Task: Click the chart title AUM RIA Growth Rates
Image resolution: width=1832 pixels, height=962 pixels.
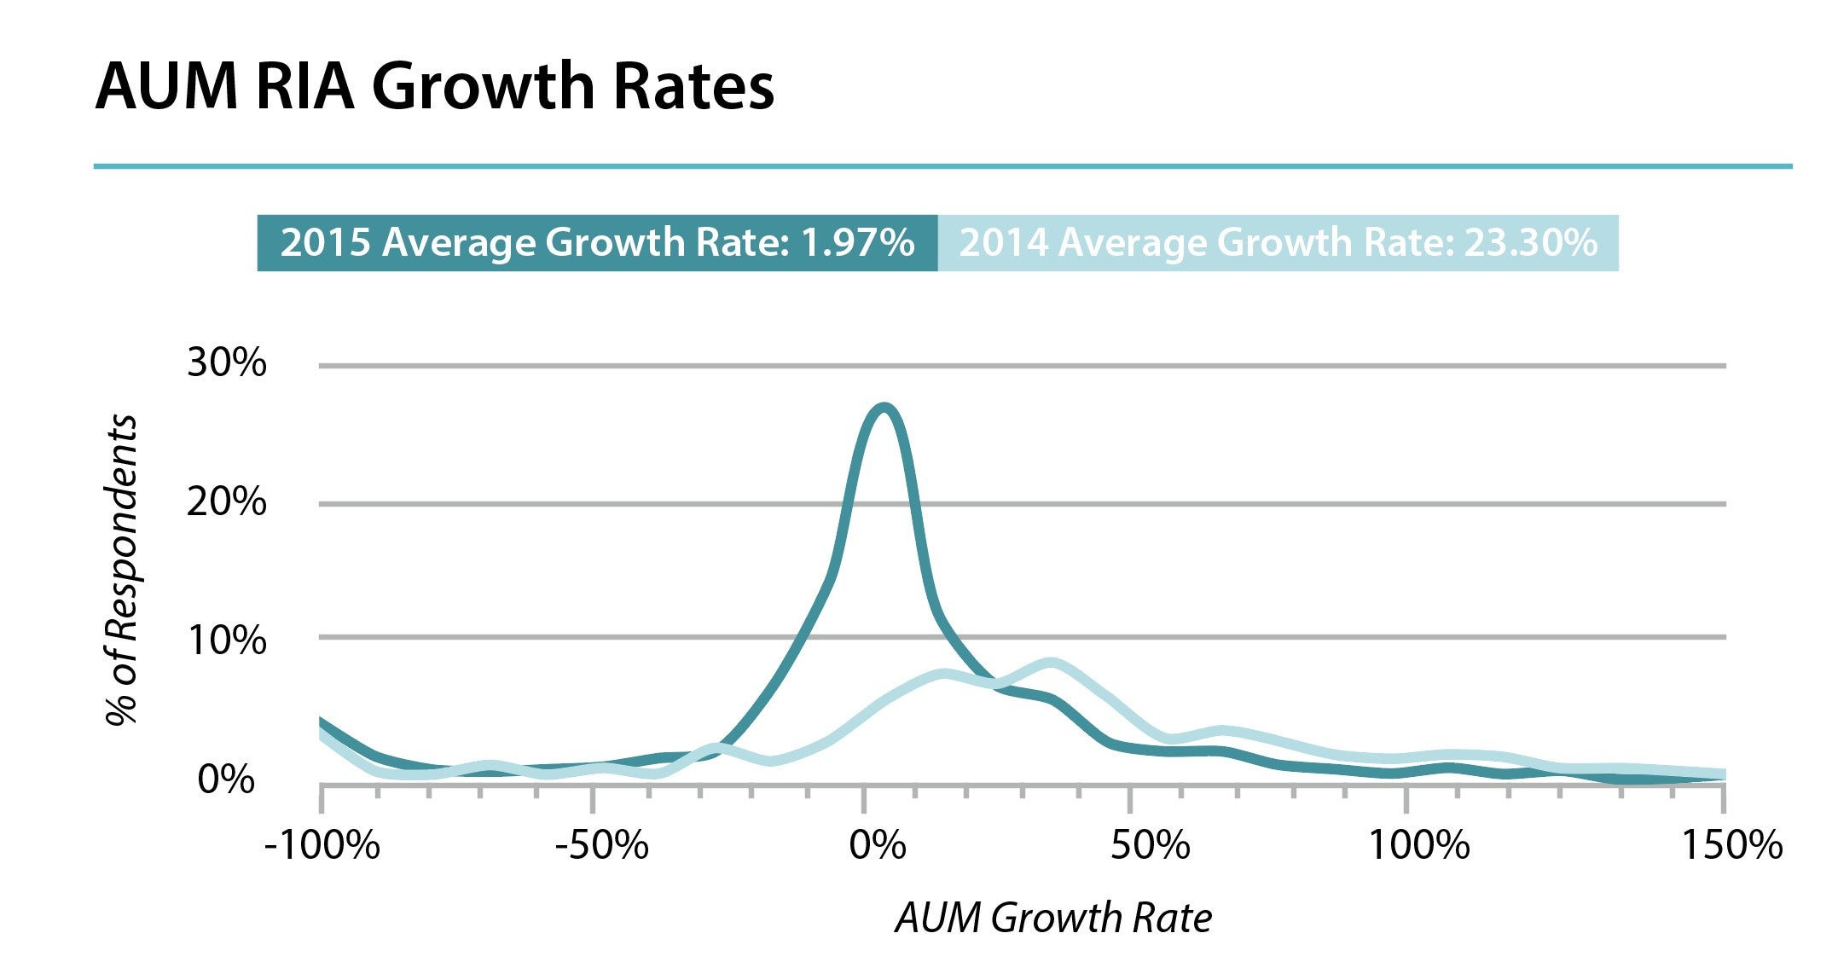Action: point(434,86)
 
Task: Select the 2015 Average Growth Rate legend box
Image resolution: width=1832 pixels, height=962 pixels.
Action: point(597,243)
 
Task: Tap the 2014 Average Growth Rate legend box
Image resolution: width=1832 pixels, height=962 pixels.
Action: point(1278,243)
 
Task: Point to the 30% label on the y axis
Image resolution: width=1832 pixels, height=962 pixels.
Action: point(226,363)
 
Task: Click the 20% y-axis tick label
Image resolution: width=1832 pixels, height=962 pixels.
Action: point(226,501)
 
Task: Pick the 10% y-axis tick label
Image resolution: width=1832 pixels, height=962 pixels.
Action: point(226,640)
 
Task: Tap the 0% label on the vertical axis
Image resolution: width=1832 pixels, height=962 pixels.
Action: point(226,779)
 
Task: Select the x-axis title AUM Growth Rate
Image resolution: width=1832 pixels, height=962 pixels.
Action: point(1053,919)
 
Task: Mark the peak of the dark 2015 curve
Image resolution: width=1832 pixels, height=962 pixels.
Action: point(884,408)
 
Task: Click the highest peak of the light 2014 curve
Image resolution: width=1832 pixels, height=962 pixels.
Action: point(1052,663)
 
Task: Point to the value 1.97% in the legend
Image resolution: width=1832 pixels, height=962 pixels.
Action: point(857,243)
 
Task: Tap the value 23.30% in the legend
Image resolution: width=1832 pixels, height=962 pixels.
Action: point(1531,243)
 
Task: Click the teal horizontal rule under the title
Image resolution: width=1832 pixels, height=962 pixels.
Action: point(942,166)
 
